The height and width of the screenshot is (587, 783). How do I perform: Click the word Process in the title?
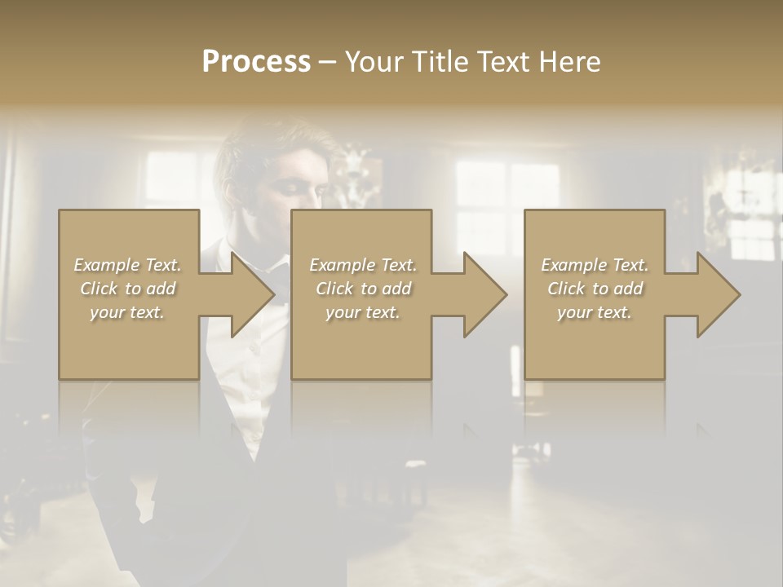point(256,62)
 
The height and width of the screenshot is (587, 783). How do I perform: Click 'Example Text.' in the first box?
point(127,265)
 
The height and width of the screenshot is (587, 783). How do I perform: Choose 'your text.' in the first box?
point(127,312)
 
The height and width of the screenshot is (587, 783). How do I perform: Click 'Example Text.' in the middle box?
point(363,265)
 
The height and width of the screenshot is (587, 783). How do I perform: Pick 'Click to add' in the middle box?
point(363,289)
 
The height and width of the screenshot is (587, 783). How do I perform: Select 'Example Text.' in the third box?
point(595,265)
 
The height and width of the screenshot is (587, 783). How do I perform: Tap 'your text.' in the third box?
point(595,312)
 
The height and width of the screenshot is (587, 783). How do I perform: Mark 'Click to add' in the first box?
point(127,289)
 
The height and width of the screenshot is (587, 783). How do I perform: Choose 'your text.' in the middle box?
point(363,312)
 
